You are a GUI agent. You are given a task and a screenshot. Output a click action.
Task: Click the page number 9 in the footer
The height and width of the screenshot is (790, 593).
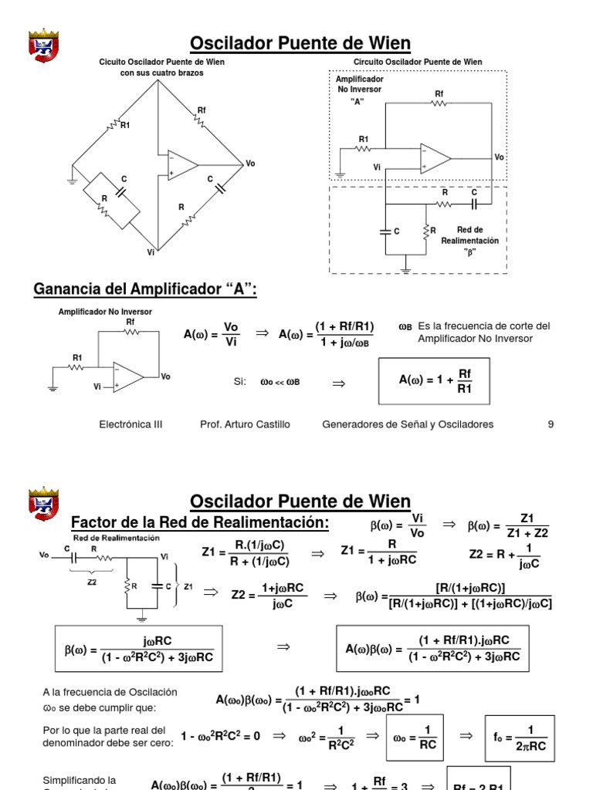(551, 424)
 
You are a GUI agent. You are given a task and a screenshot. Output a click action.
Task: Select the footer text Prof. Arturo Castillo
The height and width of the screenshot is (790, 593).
(246, 424)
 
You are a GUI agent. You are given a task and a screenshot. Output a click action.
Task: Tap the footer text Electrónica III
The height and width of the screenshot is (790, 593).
(131, 424)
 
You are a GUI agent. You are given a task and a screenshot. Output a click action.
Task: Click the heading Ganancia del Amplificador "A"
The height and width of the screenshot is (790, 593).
(145, 289)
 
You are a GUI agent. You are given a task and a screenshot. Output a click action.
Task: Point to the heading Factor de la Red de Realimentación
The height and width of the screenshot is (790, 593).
(200, 523)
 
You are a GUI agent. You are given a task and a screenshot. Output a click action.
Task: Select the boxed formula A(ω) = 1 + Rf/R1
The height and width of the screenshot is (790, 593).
(433, 380)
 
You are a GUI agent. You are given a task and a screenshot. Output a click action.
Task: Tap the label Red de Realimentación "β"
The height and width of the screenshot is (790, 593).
(469, 240)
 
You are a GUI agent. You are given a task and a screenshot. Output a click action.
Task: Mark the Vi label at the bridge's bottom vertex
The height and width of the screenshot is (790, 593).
(151, 252)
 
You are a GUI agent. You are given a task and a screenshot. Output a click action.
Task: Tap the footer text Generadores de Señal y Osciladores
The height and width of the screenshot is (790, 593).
(408, 424)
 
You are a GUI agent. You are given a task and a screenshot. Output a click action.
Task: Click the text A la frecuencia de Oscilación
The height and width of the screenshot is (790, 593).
(110, 692)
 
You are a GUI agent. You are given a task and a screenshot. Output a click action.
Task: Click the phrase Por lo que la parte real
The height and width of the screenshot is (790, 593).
(104, 730)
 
